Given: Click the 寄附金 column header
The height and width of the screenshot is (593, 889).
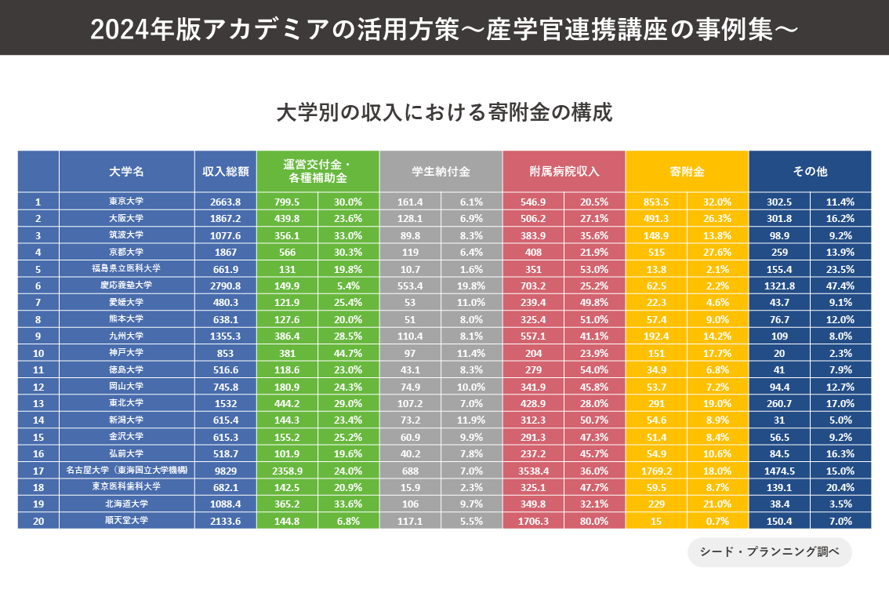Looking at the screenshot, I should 687,171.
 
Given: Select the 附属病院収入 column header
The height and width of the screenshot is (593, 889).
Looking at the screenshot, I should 564,171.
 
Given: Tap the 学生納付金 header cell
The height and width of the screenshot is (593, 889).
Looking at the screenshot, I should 441,171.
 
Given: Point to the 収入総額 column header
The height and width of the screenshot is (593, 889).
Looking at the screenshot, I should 226,171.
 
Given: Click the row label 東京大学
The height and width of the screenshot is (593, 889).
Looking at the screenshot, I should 126,202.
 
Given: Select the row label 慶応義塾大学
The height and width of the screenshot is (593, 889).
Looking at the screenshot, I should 126,286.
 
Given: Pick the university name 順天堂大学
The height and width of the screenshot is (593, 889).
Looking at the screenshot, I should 126,520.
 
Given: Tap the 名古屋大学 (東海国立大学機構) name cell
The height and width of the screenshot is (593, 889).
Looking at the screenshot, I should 126,470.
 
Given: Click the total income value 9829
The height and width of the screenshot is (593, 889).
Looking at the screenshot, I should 226,470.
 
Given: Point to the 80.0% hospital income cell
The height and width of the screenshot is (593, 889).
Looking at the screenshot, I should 594,520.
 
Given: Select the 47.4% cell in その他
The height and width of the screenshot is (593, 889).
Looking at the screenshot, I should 840,286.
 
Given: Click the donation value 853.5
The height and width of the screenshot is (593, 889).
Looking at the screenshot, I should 656,202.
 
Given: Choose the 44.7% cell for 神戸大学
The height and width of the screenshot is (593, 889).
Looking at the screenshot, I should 348,352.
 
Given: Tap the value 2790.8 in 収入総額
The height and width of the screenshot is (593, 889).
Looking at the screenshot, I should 226,286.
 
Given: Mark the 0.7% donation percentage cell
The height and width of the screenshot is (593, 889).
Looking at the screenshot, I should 717,520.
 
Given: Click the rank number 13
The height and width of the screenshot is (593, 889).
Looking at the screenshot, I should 38,402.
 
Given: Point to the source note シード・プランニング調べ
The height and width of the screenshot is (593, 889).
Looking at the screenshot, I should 769,551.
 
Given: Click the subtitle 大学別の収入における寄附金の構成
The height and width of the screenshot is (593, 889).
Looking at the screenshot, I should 444,111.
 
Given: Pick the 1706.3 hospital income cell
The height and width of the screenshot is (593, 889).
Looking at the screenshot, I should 533,520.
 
